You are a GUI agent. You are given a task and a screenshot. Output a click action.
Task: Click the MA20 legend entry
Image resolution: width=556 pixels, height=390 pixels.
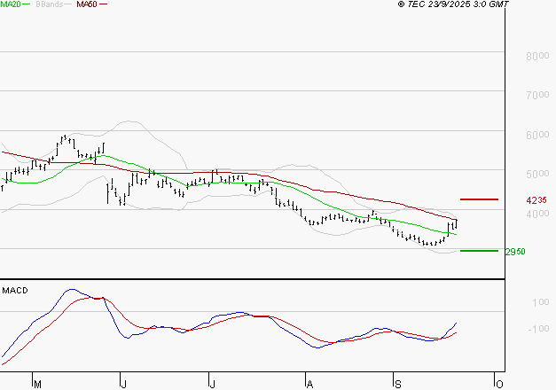11,4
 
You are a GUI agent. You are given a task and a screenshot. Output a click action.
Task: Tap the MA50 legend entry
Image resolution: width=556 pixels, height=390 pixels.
87,4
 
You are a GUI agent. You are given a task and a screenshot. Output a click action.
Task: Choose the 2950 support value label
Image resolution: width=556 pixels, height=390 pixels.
514,252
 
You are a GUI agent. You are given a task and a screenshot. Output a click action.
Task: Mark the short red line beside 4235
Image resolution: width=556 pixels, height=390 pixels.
479,199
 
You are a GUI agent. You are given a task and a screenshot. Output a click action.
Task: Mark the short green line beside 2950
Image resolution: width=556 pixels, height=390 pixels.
479,251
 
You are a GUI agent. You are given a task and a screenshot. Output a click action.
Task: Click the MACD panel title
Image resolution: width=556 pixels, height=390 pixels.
13,290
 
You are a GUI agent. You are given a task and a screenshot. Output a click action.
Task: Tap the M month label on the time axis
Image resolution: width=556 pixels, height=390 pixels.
37,384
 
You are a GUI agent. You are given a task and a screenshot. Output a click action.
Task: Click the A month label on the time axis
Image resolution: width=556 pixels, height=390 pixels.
309,384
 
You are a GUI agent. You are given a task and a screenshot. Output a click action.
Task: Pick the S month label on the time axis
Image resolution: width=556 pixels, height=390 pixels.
398,384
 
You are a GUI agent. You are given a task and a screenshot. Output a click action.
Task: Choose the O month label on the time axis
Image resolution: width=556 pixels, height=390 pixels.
499,384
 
